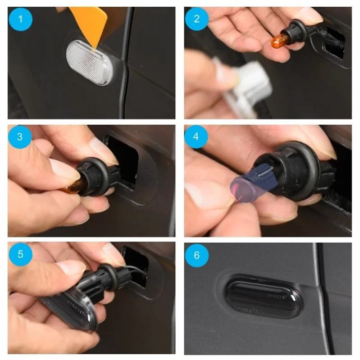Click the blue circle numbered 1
click(x=20, y=19)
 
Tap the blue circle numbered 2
click(x=197, y=19)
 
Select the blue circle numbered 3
click(x=20, y=137)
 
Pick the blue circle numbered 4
click(x=196, y=137)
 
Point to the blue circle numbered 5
click(x=20, y=254)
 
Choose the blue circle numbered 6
click(x=197, y=255)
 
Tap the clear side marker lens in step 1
click(x=90, y=63)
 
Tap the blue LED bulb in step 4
click(x=253, y=184)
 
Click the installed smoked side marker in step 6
click(x=265, y=296)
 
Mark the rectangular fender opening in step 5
click(x=136, y=266)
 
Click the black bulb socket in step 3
click(x=97, y=176)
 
